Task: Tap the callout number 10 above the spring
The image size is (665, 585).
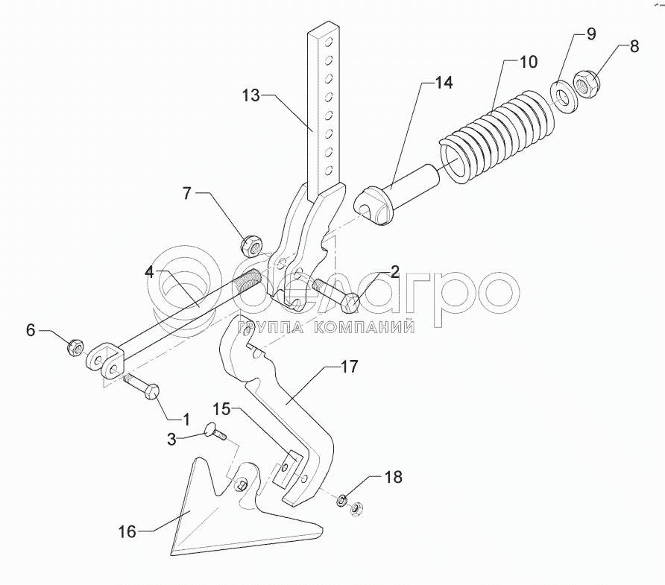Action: point(528,61)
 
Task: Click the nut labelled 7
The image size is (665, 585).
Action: point(250,242)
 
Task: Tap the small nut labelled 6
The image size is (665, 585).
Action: point(75,347)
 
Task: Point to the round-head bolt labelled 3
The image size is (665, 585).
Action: point(215,434)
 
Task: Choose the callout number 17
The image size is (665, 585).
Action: point(350,366)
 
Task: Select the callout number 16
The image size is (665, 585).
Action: point(127,531)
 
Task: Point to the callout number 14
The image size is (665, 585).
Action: point(443,82)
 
